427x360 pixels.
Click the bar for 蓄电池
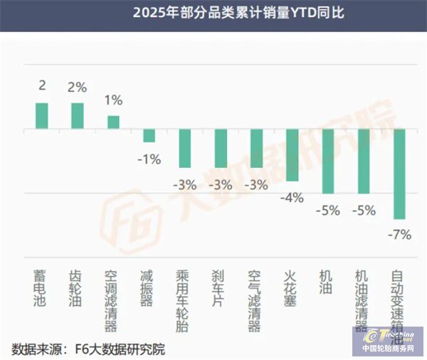tap(42, 116)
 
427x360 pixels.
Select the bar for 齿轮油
tap(78, 116)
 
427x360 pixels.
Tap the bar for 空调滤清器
tap(113, 122)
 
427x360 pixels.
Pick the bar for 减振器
tap(149, 135)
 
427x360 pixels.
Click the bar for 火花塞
tap(292, 154)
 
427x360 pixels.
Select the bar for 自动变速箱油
tap(399, 174)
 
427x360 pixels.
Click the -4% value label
tap(292, 197)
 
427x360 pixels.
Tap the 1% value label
tap(113, 100)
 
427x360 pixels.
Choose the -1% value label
tap(149, 158)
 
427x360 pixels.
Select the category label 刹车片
tap(220, 288)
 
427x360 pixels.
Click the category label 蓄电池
tap(42, 288)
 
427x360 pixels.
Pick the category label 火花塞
tap(292, 288)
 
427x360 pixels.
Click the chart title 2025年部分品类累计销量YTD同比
tap(213, 12)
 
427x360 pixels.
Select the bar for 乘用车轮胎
tap(184, 148)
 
